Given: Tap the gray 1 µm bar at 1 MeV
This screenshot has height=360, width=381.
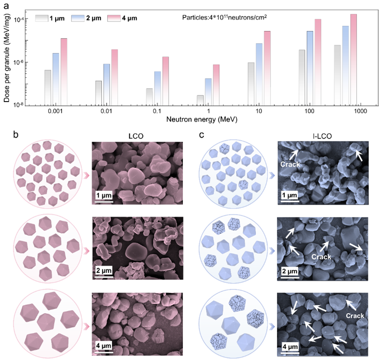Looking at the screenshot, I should point(200,100).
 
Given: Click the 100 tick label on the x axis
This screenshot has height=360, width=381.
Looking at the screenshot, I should point(310,111).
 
